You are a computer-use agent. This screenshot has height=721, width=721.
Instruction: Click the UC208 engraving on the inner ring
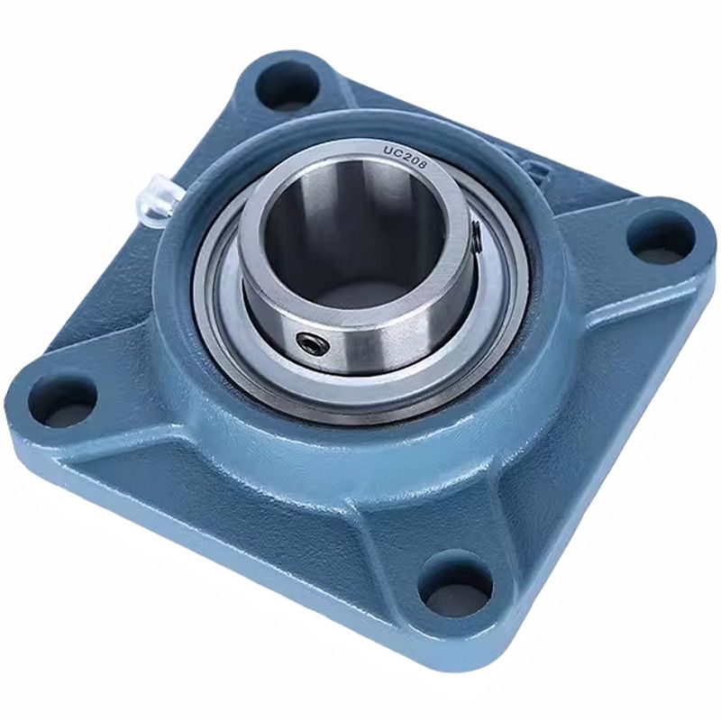[x=406, y=158]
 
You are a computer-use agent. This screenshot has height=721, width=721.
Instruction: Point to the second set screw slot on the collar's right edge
[x=478, y=235]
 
